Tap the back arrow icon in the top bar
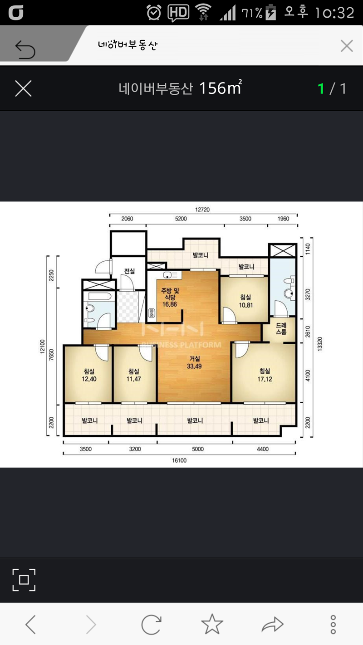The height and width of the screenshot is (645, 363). click(x=25, y=49)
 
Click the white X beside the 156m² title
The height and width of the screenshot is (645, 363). click(x=23, y=88)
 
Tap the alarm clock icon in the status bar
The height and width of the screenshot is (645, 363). click(x=154, y=13)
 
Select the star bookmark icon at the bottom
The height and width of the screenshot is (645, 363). click(x=212, y=624)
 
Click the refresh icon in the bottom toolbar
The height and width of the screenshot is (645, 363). click(x=151, y=624)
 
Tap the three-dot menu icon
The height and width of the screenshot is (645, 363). click(x=333, y=624)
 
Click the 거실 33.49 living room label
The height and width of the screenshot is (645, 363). click(x=195, y=362)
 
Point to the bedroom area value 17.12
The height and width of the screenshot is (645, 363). click(x=265, y=379)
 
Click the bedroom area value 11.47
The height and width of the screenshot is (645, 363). click(x=134, y=379)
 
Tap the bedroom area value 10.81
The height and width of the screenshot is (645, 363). click(x=246, y=305)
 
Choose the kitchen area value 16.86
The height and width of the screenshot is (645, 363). click(x=169, y=304)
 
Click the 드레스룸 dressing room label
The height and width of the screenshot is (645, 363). click(x=281, y=328)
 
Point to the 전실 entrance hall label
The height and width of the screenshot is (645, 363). click(x=129, y=271)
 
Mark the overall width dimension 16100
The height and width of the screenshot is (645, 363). click(x=179, y=460)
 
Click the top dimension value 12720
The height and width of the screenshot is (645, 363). click(x=202, y=210)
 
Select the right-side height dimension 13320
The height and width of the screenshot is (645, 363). click(x=319, y=344)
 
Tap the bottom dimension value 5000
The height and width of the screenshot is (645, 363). click(x=198, y=449)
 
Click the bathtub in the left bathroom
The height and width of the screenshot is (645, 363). click(x=100, y=296)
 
